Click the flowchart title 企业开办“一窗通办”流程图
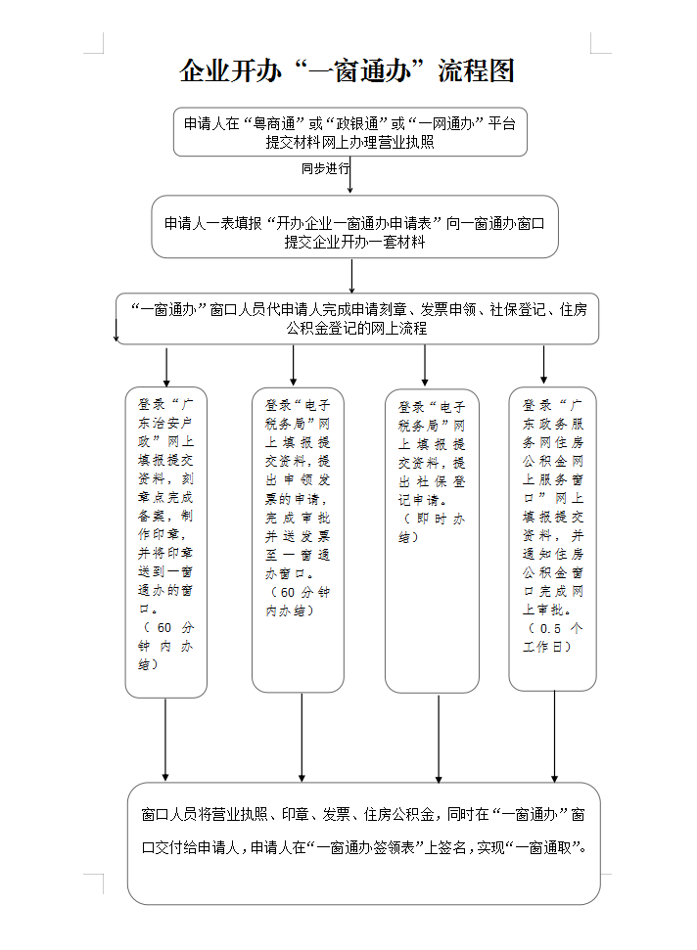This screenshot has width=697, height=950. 348,71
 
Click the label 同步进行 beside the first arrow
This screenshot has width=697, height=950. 324,168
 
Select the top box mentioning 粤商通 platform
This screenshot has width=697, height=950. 350,132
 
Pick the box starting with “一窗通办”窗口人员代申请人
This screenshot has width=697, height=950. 357,319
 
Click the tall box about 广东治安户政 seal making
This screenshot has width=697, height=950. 166,542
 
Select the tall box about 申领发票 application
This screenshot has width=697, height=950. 298,539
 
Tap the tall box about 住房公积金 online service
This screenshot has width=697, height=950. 552,538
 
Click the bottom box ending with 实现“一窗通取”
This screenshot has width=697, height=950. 363,843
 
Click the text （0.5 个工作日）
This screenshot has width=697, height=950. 553,637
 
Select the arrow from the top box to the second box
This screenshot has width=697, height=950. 349,176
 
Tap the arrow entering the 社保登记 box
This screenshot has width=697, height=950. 425,366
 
